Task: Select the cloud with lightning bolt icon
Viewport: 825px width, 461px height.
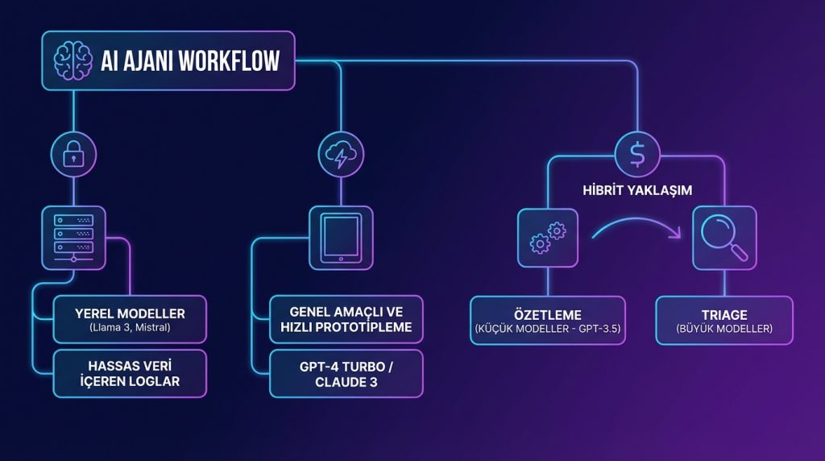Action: pyautogui.click(x=340, y=153)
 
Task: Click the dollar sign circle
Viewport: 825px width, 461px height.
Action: pyautogui.click(x=637, y=153)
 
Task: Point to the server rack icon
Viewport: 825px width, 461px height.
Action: pyautogui.click(x=73, y=237)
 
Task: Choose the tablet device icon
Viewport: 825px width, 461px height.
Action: pyautogui.click(x=340, y=237)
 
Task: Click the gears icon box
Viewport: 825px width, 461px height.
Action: pyautogui.click(x=548, y=238)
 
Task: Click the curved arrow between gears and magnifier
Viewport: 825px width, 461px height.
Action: pyautogui.click(x=636, y=229)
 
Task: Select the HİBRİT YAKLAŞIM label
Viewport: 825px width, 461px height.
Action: pyautogui.click(x=636, y=192)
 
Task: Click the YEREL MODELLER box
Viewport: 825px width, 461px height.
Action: pyautogui.click(x=130, y=320)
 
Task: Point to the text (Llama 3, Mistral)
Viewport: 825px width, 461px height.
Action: pyautogui.click(x=130, y=328)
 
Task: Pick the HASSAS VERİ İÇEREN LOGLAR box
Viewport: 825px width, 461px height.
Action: pyautogui.click(x=130, y=373)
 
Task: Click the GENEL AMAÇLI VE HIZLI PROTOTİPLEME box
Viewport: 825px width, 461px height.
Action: pyautogui.click(x=346, y=319)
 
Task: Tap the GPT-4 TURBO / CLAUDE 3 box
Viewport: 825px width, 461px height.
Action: pyautogui.click(x=346, y=373)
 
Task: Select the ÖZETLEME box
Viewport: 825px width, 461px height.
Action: pyautogui.click(x=547, y=320)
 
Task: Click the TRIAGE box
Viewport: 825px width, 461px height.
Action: pyautogui.click(x=724, y=320)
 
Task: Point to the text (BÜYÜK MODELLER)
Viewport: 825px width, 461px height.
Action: pyautogui.click(x=724, y=329)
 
